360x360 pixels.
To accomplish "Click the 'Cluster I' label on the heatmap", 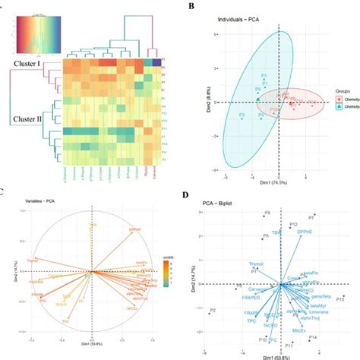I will (x=29, y=66).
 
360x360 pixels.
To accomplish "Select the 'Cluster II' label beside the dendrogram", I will (x=29, y=118).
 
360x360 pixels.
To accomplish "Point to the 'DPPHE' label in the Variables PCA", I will (x=135, y=229).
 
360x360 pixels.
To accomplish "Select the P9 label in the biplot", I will (x=267, y=213).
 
